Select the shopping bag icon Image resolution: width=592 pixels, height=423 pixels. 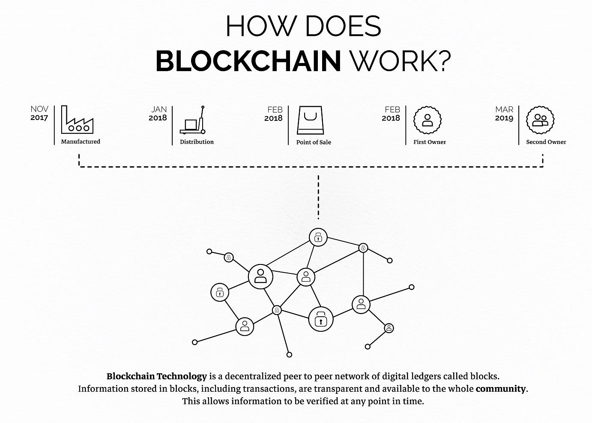click(x=311, y=120)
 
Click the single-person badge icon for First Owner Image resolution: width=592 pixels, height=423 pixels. click(x=428, y=120)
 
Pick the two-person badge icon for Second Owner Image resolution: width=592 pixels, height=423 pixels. click(x=540, y=120)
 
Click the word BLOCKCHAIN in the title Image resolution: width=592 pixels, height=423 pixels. click(x=248, y=61)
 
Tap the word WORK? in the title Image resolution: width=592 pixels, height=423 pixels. click(x=401, y=61)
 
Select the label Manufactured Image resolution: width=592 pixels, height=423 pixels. click(x=81, y=141)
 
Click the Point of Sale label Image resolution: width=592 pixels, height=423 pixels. click(x=314, y=142)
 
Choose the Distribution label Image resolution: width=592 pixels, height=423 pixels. click(x=197, y=142)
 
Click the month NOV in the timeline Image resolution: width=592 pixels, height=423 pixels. click(x=39, y=109)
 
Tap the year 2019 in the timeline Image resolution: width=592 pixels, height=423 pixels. click(x=504, y=118)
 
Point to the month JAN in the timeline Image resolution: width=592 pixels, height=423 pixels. click(x=158, y=109)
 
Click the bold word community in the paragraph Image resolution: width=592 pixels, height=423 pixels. click(x=500, y=389)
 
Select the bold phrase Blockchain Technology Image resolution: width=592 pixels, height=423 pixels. click(x=157, y=376)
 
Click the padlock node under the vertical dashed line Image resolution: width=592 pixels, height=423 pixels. click(x=318, y=237)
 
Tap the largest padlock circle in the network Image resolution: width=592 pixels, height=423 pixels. click(x=321, y=319)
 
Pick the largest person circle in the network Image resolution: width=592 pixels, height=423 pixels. click(x=260, y=276)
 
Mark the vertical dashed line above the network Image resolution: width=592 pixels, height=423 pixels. click(x=318, y=197)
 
